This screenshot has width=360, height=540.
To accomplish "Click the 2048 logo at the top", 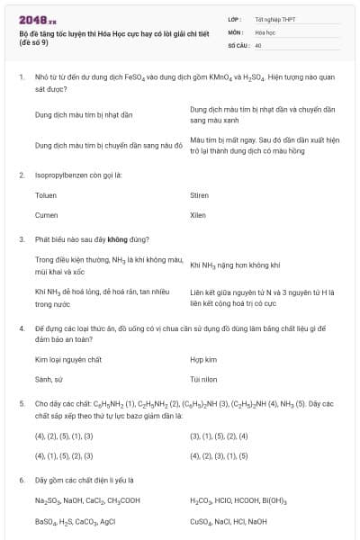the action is point(38,19).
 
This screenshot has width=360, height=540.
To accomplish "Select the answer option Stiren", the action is point(199,194).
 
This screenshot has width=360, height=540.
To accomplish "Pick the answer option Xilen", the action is point(198,215).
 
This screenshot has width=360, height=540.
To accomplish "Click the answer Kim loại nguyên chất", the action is point(68,359).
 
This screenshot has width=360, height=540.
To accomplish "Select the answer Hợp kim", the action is point(203,359).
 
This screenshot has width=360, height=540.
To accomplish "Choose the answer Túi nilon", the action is point(204,380).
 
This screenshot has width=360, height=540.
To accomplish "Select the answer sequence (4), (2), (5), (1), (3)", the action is point(64,436).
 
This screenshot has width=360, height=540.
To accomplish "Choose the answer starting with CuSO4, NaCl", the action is point(229,520).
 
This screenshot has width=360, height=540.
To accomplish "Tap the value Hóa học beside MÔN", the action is point(266,31).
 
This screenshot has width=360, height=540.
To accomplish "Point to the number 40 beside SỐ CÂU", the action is point(258,44).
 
